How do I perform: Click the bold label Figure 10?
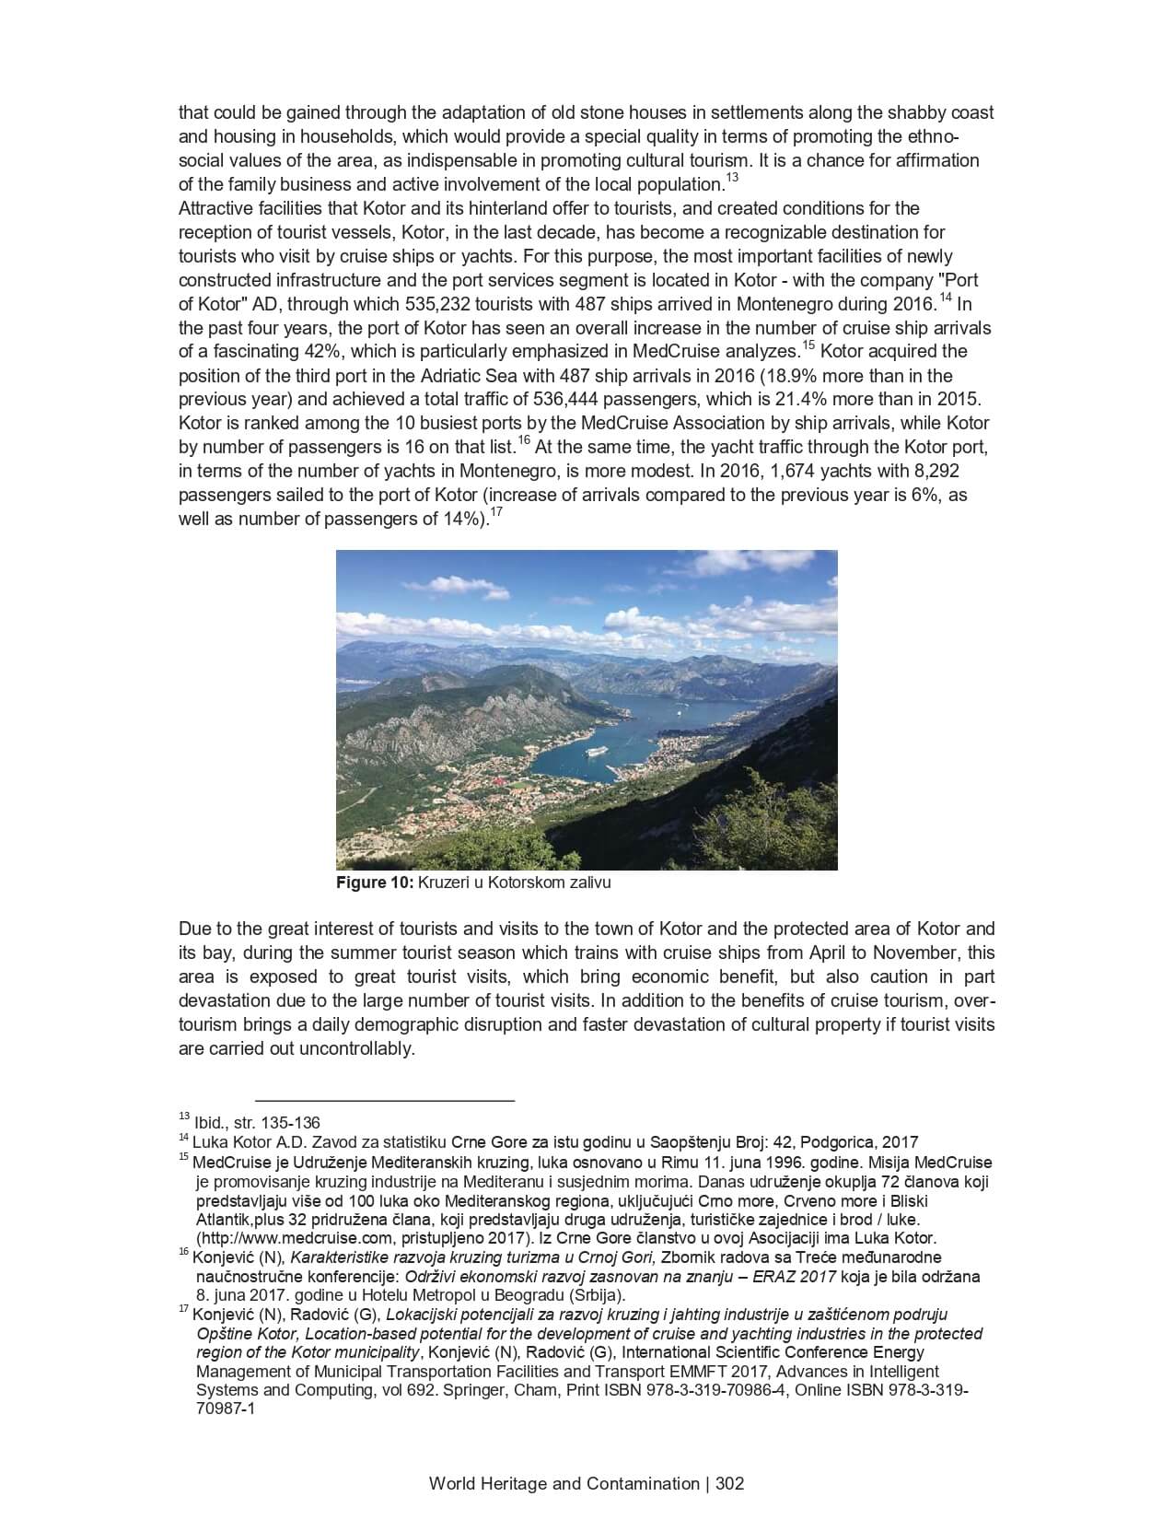[x=375, y=883]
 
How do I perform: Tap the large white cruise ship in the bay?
[x=597, y=751]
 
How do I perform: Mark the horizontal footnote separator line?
[x=384, y=1100]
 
